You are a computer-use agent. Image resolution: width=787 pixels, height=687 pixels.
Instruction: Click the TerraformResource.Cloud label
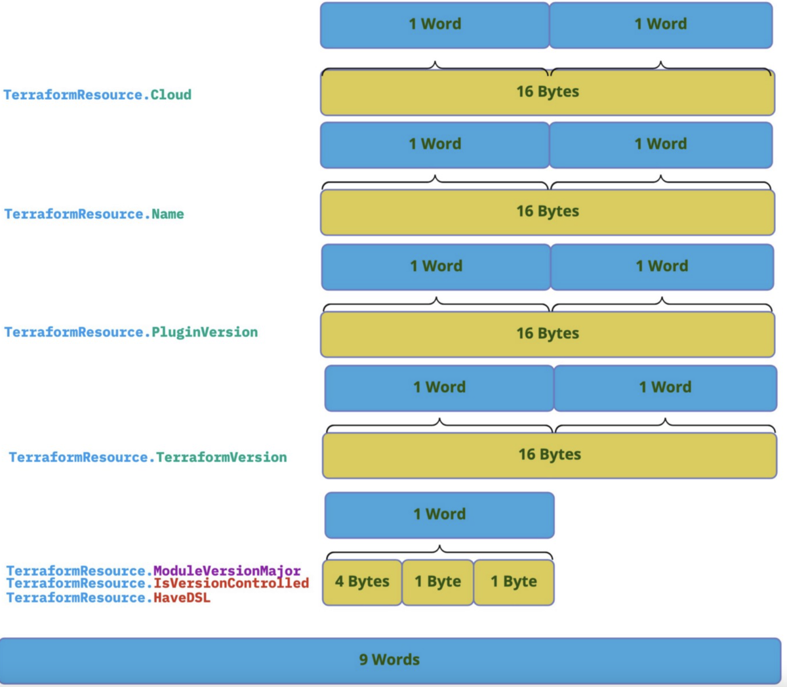click(97, 94)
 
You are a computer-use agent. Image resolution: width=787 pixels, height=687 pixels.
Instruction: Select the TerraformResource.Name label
click(94, 214)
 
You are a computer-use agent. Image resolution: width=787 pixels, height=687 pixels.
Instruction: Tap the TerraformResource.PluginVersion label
click(131, 332)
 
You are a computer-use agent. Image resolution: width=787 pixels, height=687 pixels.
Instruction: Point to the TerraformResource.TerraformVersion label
click(148, 457)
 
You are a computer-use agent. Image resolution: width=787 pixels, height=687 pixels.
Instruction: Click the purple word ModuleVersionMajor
click(227, 571)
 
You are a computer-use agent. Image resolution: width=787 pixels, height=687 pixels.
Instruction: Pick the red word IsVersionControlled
click(231, 583)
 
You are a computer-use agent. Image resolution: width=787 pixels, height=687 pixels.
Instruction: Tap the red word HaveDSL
click(182, 598)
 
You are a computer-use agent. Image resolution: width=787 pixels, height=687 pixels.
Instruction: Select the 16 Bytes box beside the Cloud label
click(547, 92)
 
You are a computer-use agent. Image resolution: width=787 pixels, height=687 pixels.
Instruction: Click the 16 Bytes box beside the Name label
click(547, 211)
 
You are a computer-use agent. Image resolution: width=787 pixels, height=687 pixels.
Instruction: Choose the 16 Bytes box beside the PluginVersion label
click(547, 333)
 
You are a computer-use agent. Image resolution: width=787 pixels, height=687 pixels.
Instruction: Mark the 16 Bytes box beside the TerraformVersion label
click(550, 455)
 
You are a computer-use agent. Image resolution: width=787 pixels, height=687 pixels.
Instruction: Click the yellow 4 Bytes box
click(362, 582)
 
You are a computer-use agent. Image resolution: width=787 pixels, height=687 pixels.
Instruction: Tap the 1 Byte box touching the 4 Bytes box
click(437, 582)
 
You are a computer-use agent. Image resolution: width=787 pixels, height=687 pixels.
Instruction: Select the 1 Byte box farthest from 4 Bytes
click(514, 582)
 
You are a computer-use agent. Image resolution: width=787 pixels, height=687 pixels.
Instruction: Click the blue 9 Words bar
click(390, 660)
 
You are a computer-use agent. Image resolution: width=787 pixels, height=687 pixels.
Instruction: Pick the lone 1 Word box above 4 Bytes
click(439, 514)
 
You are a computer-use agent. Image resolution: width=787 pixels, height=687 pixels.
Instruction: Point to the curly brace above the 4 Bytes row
click(439, 552)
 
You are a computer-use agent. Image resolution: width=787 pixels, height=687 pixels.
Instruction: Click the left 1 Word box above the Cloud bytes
click(435, 24)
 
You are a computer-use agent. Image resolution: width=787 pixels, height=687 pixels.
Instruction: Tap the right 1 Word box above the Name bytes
click(660, 144)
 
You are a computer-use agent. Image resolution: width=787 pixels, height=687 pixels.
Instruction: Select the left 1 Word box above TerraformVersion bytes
click(439, 388)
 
